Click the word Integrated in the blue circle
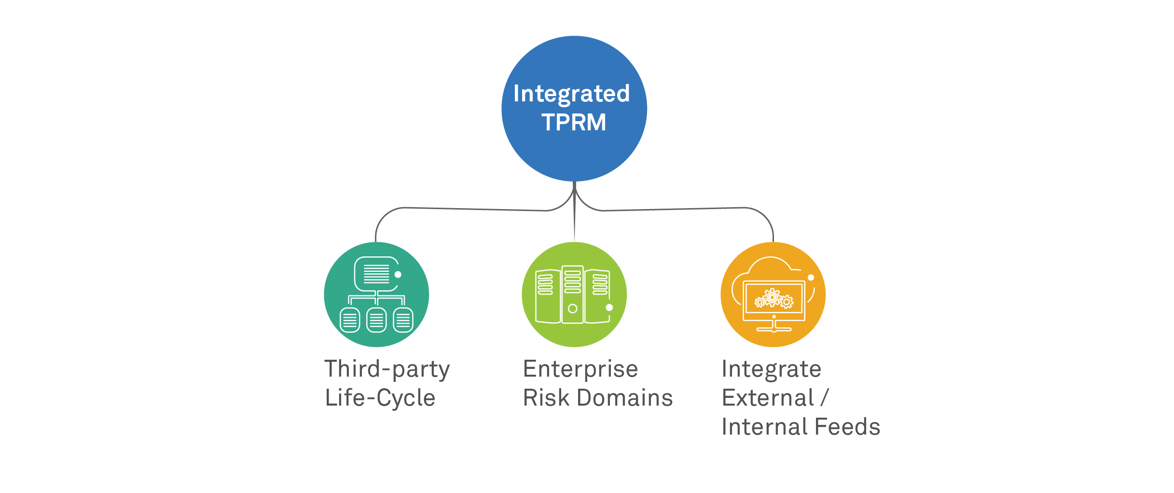571,94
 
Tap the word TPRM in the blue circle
574,122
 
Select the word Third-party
387,370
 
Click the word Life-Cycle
380,398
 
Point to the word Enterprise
580,369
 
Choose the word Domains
625,398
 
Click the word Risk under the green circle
546,398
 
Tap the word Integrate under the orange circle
771,370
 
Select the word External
768,398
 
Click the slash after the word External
825,398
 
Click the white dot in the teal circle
398,275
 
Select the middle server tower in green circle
573,295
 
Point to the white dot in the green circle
609,308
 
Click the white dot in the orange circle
811,278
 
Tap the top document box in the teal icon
376,274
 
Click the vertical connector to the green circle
574,217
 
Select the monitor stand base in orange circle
774,329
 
